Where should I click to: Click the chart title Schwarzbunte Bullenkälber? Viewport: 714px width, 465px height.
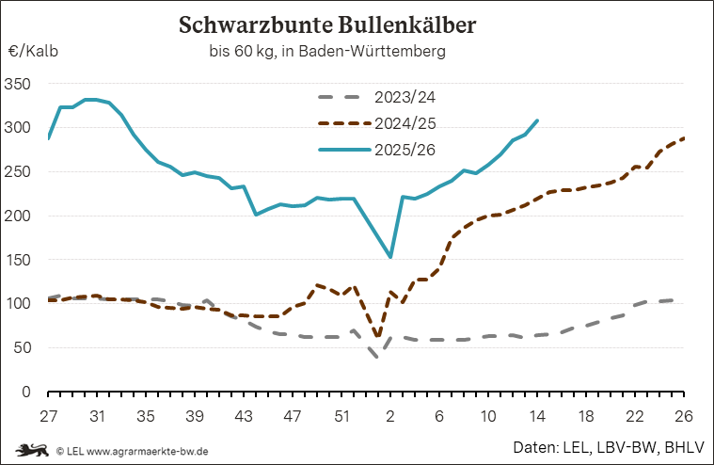coord(327,24)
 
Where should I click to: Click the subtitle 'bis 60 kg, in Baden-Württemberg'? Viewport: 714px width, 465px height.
coord(327,51)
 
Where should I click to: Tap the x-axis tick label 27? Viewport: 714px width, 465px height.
coord(49,415)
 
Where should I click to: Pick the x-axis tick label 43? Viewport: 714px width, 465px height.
coord(243,415)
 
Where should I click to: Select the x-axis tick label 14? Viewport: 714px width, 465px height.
coord(537,415)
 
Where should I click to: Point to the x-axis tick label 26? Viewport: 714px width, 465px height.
coord(683,415)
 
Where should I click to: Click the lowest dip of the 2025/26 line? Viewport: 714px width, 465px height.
coord(390,257)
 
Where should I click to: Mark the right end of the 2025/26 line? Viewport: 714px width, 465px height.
coord(537,120)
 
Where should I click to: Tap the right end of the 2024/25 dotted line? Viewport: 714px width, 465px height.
coord(683,138)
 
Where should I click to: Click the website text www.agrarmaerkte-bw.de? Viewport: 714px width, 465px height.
coord(149,451)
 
